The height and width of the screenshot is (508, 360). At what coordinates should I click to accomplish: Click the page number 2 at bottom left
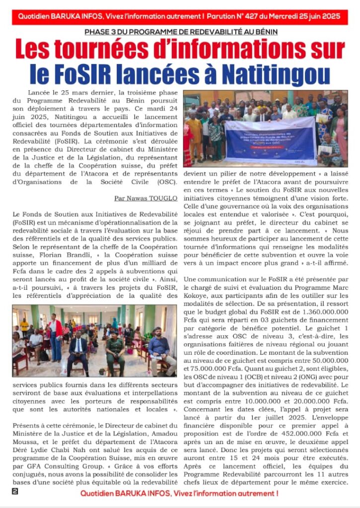[x=15, y=492]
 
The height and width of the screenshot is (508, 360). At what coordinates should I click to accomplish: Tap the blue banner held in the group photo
[x=271, y=141]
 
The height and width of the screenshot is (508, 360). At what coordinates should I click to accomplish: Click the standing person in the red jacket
[x=55, y=335]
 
